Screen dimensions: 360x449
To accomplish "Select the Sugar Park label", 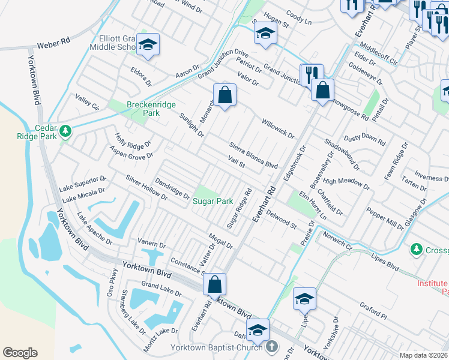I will click(x=212, y=202).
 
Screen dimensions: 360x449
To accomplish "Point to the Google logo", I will click(x=20, y=353).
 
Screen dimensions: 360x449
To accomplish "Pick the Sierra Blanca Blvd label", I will click(x=254, y=155).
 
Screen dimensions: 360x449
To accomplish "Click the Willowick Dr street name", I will click(x=277, y=128).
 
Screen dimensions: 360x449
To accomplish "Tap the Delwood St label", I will click(x=282, y=219).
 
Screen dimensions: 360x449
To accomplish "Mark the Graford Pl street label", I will click(x=375, y=312).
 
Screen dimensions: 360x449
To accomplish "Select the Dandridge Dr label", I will click(x=172, y=187).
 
